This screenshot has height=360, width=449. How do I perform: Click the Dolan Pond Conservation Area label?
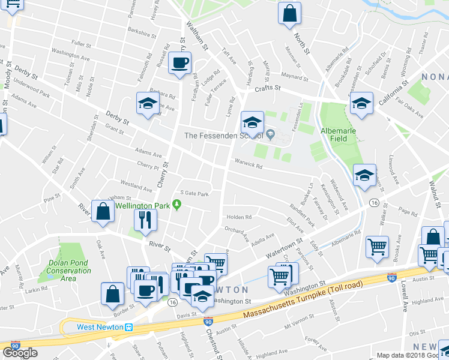[68, 270]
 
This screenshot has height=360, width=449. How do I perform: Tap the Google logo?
[20, 352]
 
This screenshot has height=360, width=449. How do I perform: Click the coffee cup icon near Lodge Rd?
[179, 63]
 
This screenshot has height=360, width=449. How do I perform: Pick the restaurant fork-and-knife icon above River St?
[145, 220]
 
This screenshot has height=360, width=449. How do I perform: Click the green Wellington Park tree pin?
[176, 205]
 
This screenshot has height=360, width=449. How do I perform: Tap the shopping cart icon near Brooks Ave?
[377, 247]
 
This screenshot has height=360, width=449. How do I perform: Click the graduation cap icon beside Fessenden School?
[253, 122]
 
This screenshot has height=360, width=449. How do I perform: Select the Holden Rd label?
[238, 217]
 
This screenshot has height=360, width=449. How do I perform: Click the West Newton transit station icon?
[128, 327]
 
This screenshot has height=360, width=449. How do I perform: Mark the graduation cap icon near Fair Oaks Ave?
[362, 103]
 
